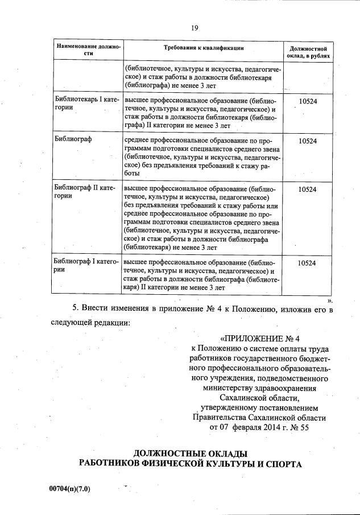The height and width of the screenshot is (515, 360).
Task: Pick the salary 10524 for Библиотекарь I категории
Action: coord(307,100)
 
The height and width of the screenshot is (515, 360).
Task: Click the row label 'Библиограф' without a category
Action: coord(72,139)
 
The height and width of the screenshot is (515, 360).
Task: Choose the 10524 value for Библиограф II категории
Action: coord(307,189)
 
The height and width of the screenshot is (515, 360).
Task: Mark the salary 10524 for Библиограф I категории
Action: coord(307,263)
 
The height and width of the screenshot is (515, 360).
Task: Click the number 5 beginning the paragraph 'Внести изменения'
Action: coord(75,308)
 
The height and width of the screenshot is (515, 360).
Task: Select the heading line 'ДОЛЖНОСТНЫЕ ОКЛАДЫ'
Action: coord(190,454)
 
